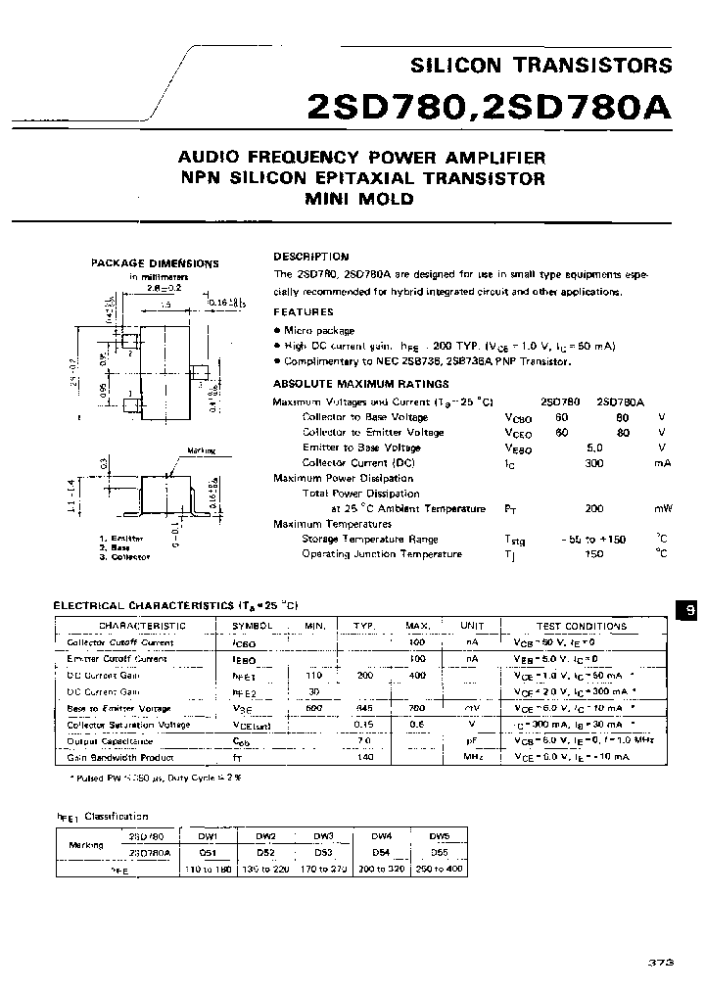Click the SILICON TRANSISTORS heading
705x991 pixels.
tap(540, 66)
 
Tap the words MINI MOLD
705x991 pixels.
tap(361, 199)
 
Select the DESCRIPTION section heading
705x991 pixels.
tap(310, 256)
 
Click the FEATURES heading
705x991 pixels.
tap(303, 311)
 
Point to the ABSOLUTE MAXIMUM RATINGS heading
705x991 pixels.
tap(360, 384)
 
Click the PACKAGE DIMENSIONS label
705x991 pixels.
tap(155, 263)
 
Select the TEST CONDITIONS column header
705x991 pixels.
tap(582, 626)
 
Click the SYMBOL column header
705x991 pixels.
tap(252, 626)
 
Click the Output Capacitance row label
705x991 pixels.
tap(111, 741)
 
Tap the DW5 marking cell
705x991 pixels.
tap(440, 836)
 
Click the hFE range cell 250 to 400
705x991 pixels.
tap(440, 869)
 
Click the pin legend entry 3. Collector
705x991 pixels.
tap(124, 556)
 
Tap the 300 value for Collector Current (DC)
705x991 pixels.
tap(593, 462)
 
